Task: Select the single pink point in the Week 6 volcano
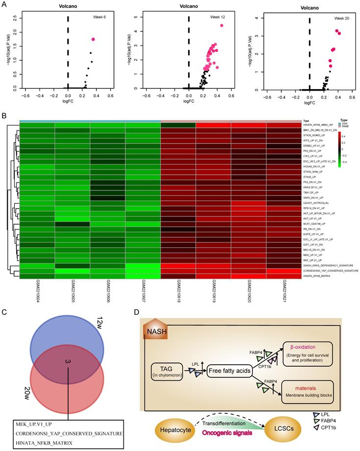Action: coord(93,39)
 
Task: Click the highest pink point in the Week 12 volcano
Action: coord(222,25)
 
